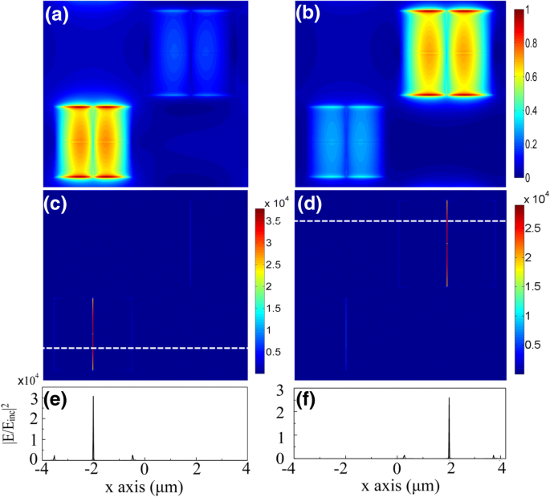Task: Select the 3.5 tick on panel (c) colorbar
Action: pyautogui.click(x=273, y=220)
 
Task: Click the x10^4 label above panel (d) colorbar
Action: pyautogui.click(x=530, y=198)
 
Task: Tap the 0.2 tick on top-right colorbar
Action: pyautogui.click(x=532, y=143)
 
